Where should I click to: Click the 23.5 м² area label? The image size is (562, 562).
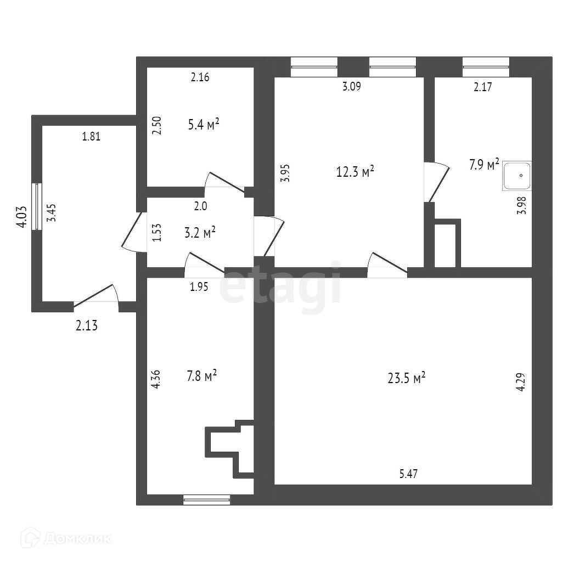(407, 378)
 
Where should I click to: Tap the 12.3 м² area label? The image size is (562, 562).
(355, 172)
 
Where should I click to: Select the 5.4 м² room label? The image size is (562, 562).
(203, 125)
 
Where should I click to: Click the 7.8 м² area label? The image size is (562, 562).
(201, 376)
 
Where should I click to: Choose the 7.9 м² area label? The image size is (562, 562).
(484, 165)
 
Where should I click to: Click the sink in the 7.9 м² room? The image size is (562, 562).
(517, 176)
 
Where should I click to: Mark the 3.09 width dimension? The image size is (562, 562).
(351, 86)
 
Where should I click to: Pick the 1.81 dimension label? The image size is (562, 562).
(91, 137)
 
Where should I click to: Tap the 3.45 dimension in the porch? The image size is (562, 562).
(51, 211)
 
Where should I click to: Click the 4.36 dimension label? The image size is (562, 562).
(156, 380)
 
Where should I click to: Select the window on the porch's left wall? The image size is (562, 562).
(37, 206)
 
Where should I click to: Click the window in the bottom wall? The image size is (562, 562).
(206, 499)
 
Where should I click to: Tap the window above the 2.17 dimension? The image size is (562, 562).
(486, 67)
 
